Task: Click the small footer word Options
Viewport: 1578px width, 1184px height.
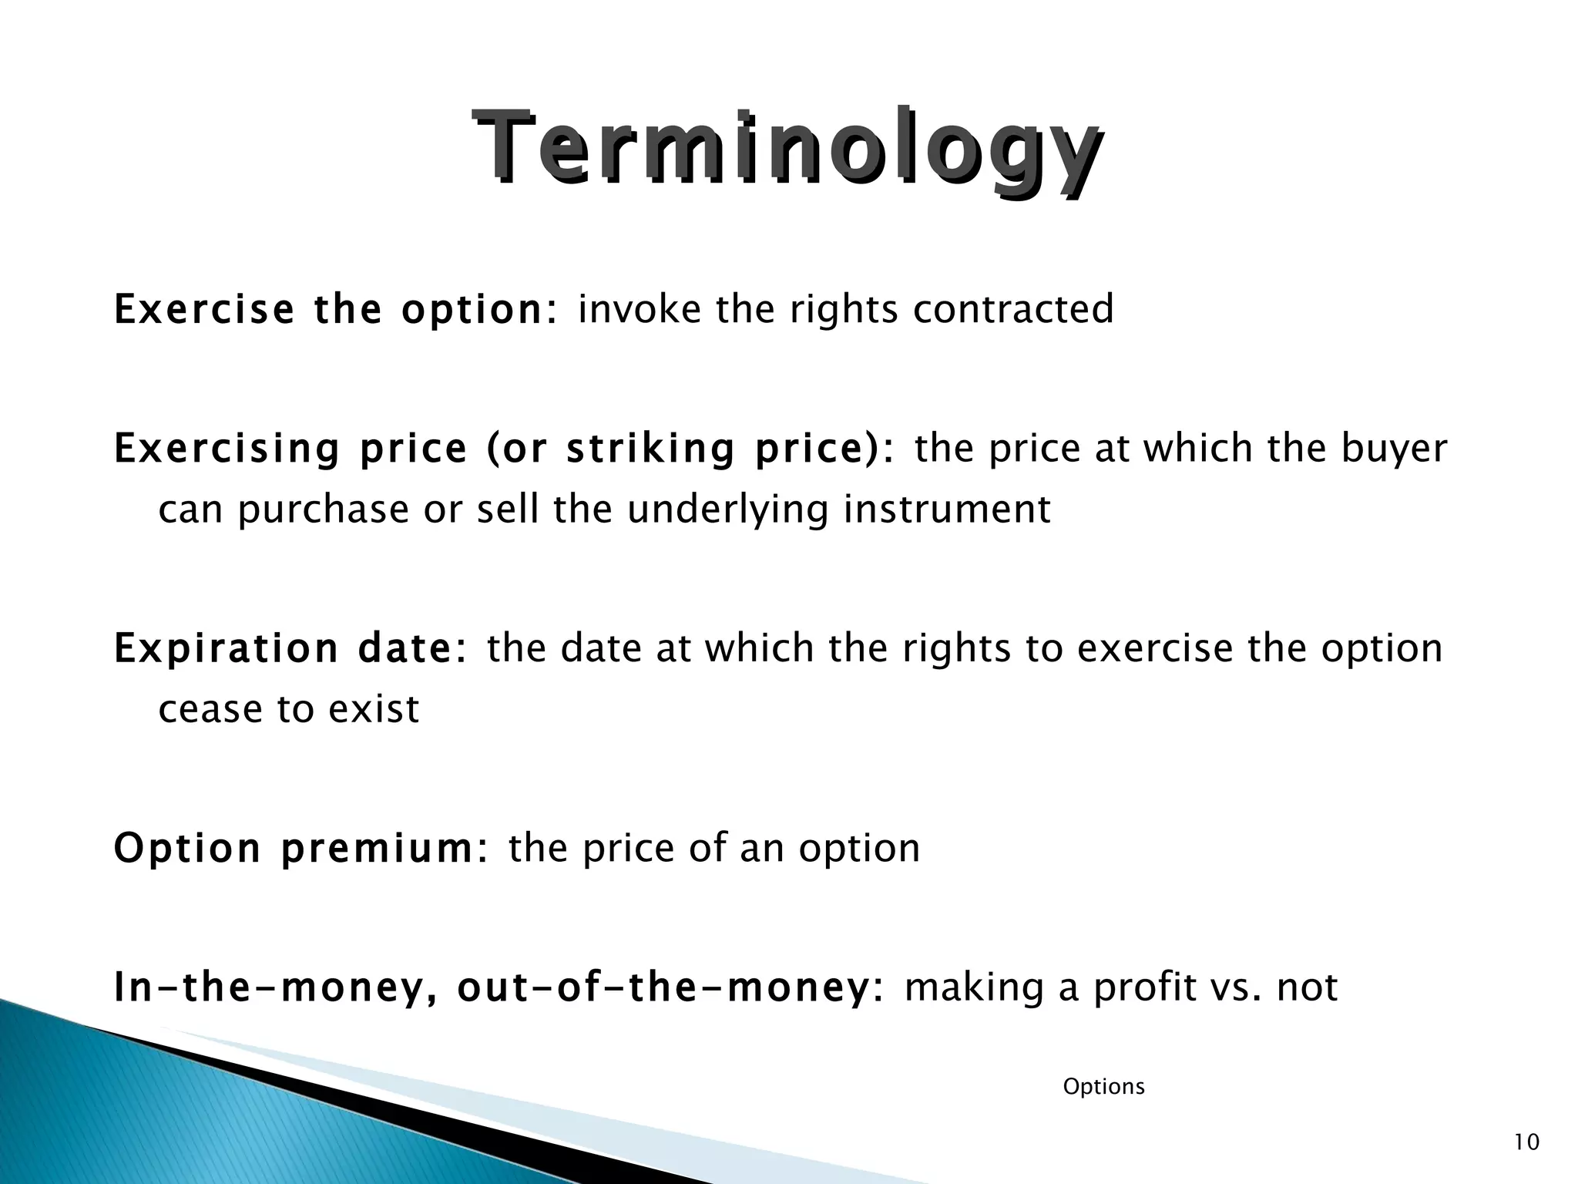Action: coord(1103,1087)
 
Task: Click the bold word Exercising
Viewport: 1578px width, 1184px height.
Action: coord(227,449)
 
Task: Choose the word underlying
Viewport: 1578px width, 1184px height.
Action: coord(728,510)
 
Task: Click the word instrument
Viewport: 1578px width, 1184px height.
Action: coord(947,510)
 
